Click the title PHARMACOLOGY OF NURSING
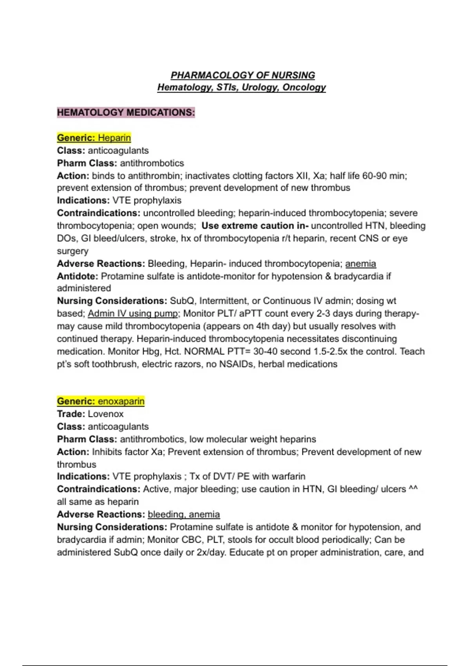[x=242, y=75]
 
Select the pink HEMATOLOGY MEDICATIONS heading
[x=126, y=112]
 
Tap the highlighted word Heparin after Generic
[x=114, y=138]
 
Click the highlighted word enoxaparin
[x=121, y=401]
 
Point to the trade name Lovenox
[x=105, y=414]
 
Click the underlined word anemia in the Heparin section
[x=360, y=264]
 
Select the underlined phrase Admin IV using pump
[x=133, y=313]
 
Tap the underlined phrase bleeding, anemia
[x=184, y=514]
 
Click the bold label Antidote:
[x=78, y=276]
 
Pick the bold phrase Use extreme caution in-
[x=255, y=226]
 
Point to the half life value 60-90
[x=375, y=176]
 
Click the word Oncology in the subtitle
[x=304, y=87]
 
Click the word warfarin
[x=288, y=476]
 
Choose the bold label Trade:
[x=71, y=414]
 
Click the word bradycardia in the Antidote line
[x=359, y=276]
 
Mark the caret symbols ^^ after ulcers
[x=413, y=489]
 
